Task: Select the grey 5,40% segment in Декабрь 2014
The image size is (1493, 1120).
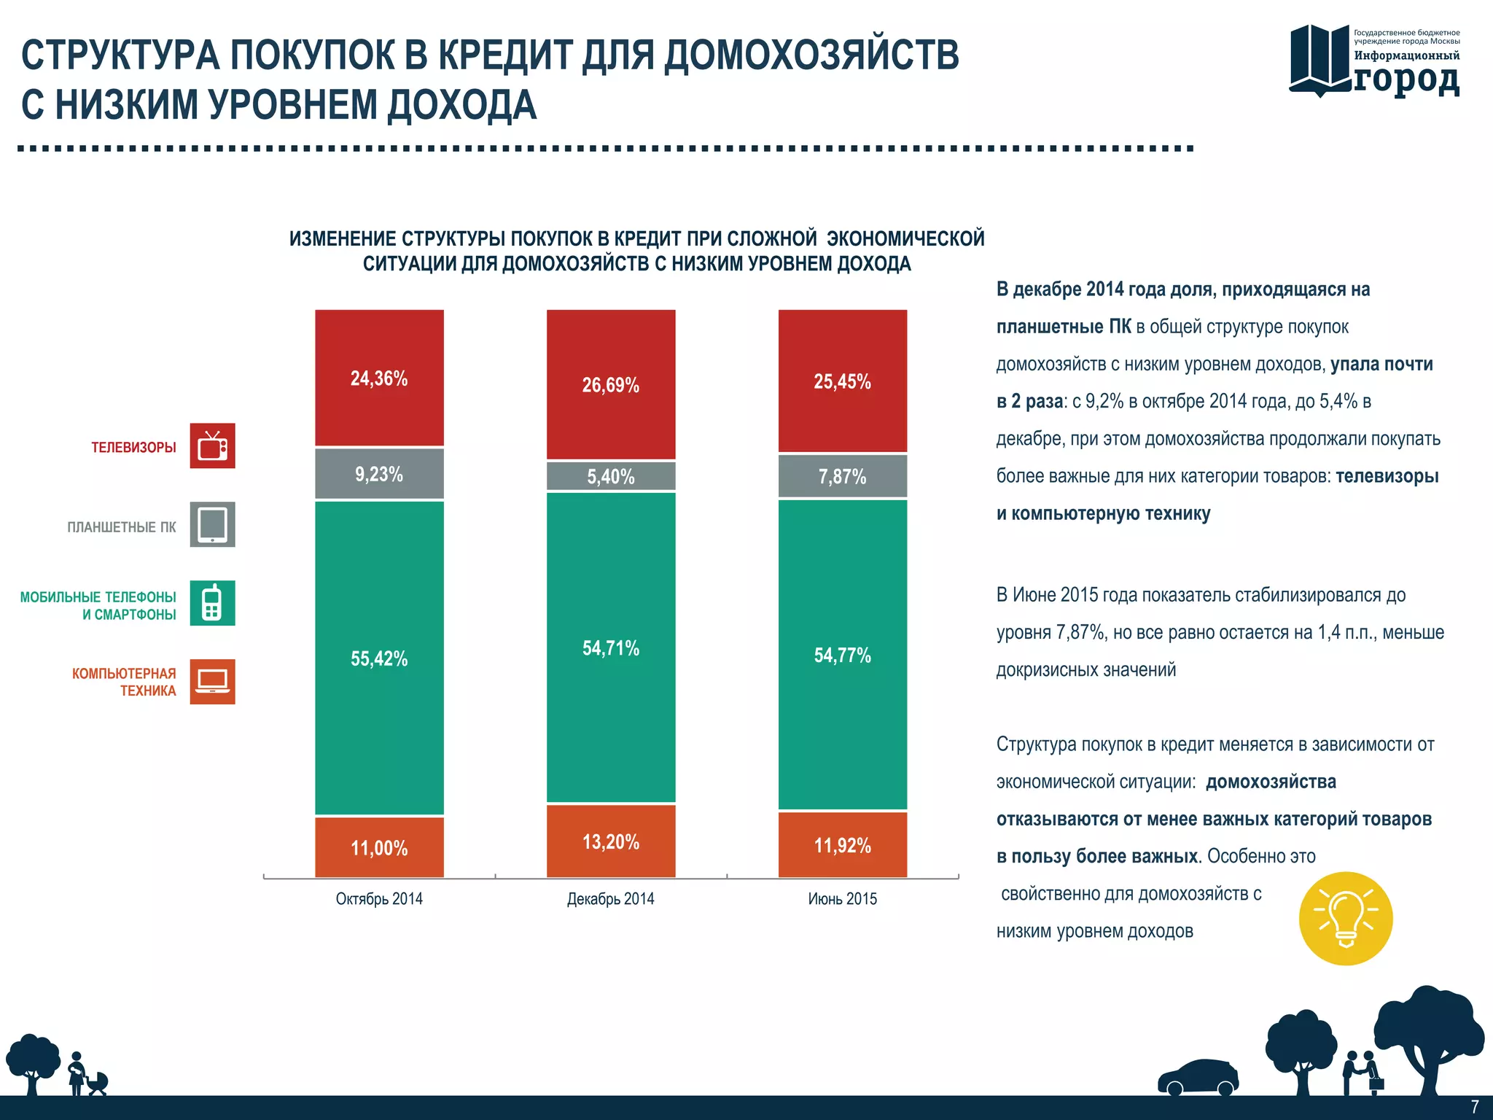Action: pyautogui.click(x=611, y=476)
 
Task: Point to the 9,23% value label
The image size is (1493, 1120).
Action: pyautogui.click(x=379, y=475)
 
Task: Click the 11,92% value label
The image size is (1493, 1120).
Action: pyautogui.click(x=843, y=846)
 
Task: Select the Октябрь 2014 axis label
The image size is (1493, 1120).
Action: pyautogui.click(x=379, y=899)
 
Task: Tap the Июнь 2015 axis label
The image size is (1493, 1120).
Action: pyautogui.click(x=843, y=899)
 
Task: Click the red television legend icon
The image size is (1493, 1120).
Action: pyautogui.click(x=213, y=446)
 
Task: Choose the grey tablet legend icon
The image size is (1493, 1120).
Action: pyautogui.click(x=213, y=524)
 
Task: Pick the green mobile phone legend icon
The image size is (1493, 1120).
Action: pyautogui.click(x=213, y=603)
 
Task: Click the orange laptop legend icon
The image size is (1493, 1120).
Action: pyautogui.click(x=213, y=682)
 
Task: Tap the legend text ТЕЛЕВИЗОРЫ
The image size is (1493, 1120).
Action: pyautogui.click(x=133, y=447)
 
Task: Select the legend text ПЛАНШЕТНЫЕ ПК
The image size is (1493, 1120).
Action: pyautogui.click(x=122, y=526)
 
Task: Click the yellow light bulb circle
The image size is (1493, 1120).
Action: pyautogui.click(x=1346, y=919)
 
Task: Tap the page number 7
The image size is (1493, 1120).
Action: pyautogui.click(x=1474, y=1107)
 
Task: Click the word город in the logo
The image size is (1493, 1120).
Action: pyautogui.click(x=1407, y=79)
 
